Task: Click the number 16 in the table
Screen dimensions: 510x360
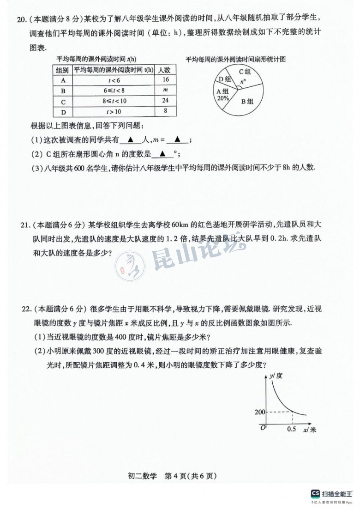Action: [x=165, y=79]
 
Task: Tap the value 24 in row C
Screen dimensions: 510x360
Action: [x=165, y=101]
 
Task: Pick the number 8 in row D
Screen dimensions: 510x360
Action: [x=165, y=111]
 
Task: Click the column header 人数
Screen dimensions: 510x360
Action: [x=165, y=70]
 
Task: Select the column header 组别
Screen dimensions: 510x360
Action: [x=62, y=70]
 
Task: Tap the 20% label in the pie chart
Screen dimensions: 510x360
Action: [x=222, y=98]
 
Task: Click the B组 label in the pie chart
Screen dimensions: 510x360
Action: [x=247, y=101]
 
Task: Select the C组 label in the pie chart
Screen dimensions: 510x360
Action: [x=244, y=72]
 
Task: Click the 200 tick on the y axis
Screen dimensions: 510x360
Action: [x=260, y=412]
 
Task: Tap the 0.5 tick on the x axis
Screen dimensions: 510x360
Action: [x=291, y=429]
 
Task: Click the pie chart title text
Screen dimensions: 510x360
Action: [x=236, y=59]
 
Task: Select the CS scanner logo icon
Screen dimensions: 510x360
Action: [x=315, y=493]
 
